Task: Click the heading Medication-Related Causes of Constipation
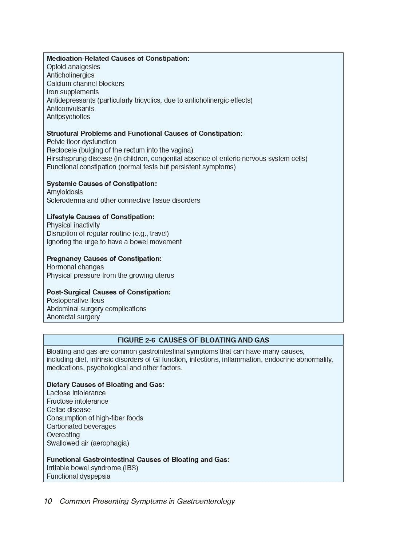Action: [118, 59]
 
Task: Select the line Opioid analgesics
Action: [73, 67]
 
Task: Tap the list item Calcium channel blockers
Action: [85, 84]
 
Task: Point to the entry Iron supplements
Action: [72, 92]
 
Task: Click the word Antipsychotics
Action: [68, 117]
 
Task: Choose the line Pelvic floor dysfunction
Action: [81, 142]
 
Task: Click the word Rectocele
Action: [62, 150]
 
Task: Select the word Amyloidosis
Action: [64, 192]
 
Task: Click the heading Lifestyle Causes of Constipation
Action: [100, 217]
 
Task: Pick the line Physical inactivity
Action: [73, 225]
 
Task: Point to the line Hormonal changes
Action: [75, 267]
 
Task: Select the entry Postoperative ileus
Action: [75, 301]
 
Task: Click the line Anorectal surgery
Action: [73, 317]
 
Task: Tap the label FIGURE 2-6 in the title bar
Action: [136, 340]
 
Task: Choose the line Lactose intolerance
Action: [76, 393]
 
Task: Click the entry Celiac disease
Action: [68, 410]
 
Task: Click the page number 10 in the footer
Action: [48, 501]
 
